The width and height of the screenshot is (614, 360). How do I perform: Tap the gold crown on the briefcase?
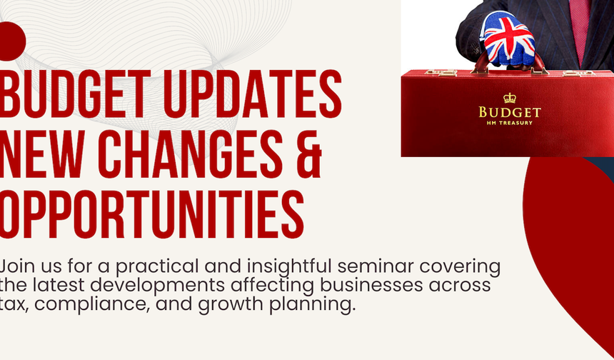(x=509, y=98)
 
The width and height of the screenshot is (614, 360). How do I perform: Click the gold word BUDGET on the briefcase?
(x=510, y=112)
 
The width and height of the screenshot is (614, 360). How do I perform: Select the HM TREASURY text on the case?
(x=510, y=123)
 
